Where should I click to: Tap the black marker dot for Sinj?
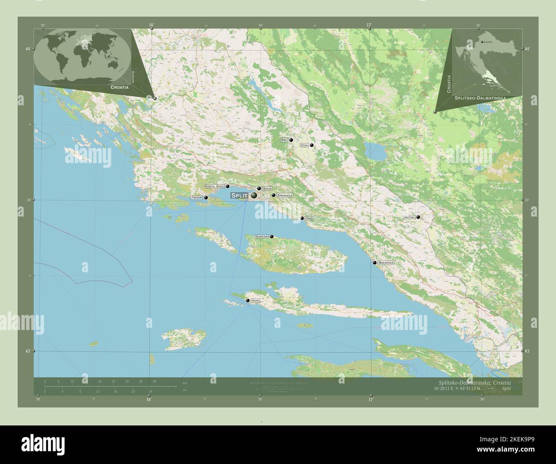(291, 140)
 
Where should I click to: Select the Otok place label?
(304, 146)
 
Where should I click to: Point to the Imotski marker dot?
(418, 217)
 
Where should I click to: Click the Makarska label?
(386, 262)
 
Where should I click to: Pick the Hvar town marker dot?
(248, 301)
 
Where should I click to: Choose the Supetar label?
(262, 236)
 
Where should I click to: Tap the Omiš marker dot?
(302, 218)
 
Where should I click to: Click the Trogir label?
(197, 198)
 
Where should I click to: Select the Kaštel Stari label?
(215, 187)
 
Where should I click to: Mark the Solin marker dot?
(259, 188)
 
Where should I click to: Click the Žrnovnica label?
(285, 195)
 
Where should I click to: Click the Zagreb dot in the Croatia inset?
(482, 42)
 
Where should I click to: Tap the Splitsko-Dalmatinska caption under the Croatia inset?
(480, 98)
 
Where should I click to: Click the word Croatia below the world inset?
(119, 87)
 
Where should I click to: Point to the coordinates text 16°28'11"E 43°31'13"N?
(457, 389)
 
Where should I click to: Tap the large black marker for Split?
(254, 196)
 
